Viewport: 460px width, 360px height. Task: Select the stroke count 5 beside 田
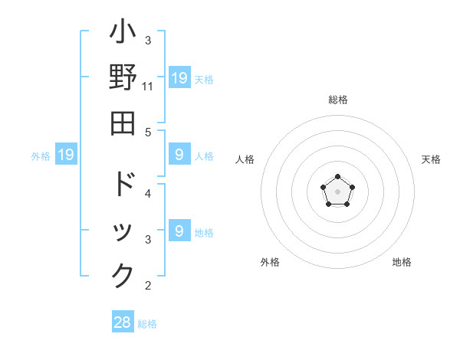click(x=148, y=132)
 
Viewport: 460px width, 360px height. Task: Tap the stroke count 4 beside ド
click(x=148, y=193)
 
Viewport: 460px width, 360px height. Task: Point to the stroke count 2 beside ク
click(x=148, y=286)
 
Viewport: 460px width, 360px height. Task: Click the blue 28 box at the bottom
click(x=123, y=322)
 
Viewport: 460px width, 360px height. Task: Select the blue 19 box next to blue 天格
click(x=179, y=78)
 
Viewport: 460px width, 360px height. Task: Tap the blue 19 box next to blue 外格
click(x=65, y=155)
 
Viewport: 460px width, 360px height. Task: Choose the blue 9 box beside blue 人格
click(x=179, y=155)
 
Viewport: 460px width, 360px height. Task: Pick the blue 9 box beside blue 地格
click(x=179, y=231)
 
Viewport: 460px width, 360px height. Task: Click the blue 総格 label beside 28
click(x=147, y=324)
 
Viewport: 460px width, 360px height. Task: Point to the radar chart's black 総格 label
click(x=337, y=100)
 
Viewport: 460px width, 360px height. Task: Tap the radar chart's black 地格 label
click(x=402, y=262)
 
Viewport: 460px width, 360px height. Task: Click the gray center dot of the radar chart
click(x=337, y=191)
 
